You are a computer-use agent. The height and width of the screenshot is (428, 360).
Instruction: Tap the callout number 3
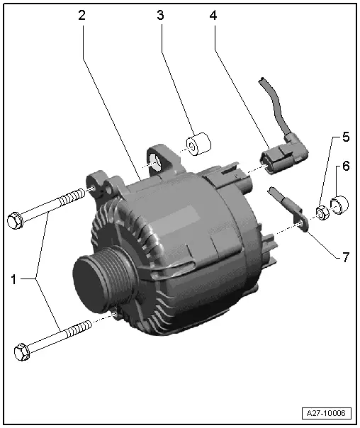[x=161, y=15]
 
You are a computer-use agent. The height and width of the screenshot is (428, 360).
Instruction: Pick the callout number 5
[x=345, y=135]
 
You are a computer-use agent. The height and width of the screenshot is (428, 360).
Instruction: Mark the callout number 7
[x=345, y=257]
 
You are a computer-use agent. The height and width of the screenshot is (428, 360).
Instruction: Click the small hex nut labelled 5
[x=320, y=210]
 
